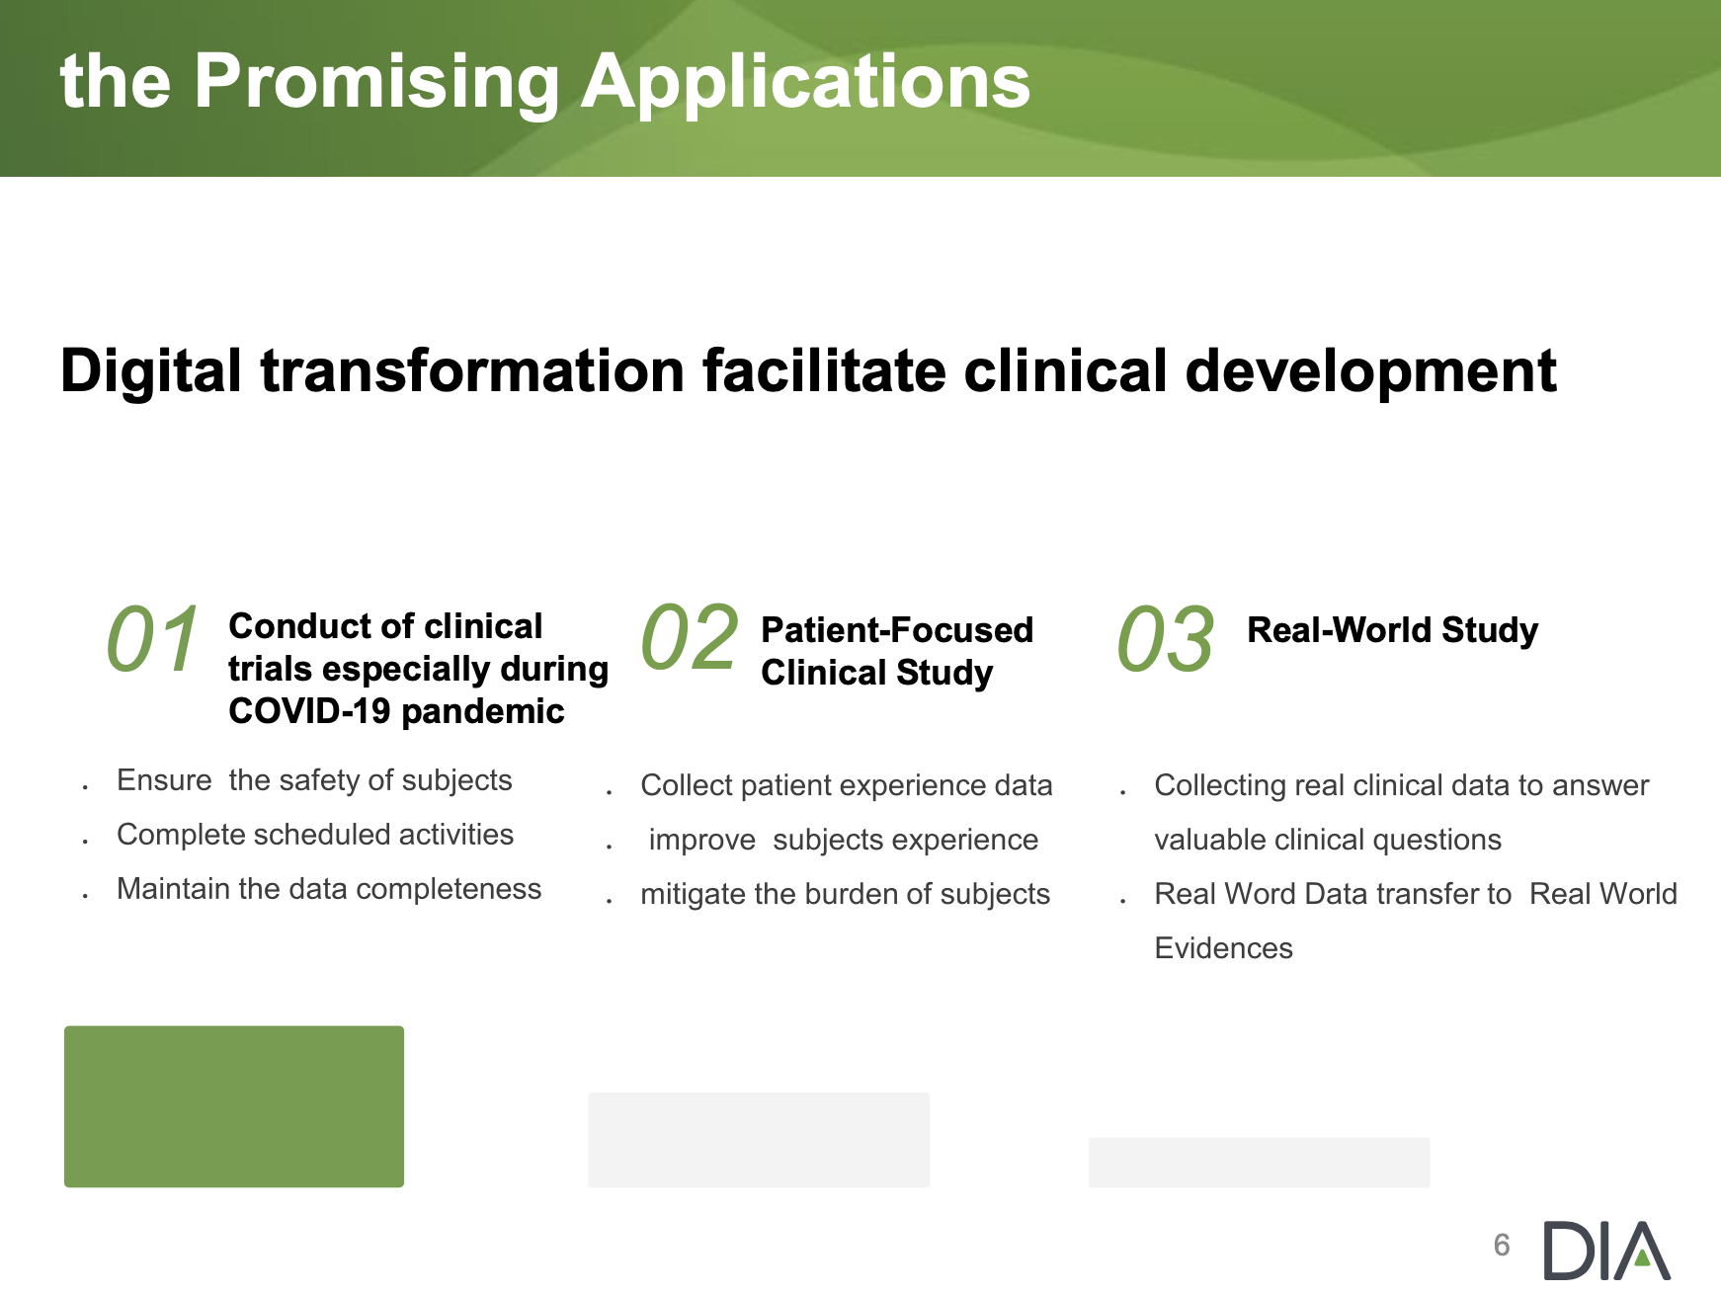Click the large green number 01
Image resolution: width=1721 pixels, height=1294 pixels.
coord(153,639)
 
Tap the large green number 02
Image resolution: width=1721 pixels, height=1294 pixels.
coord(690,638)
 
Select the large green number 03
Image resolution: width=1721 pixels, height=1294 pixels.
coord(1166,640)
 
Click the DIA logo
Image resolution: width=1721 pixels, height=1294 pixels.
coord(1606,1250)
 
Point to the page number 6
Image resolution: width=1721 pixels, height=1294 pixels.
coord(1502,1245)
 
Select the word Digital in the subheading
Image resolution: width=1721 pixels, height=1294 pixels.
coord(151,373)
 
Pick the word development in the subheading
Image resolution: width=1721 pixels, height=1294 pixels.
coord(1370,373)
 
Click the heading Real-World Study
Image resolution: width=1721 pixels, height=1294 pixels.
coord(1392,631)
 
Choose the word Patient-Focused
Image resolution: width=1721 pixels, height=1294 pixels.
coord(897,630)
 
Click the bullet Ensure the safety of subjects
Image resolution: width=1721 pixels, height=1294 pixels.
coord(314,780)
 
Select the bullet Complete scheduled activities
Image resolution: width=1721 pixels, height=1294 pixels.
coord(315,835)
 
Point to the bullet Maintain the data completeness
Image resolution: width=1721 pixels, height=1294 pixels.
coord(329,889)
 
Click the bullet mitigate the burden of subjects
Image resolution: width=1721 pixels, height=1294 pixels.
coord(845,894)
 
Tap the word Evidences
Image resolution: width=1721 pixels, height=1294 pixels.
coord(1223,948)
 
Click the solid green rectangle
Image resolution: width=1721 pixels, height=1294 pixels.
coord(234,1106)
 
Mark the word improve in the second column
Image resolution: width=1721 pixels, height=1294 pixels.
coord(701,841)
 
